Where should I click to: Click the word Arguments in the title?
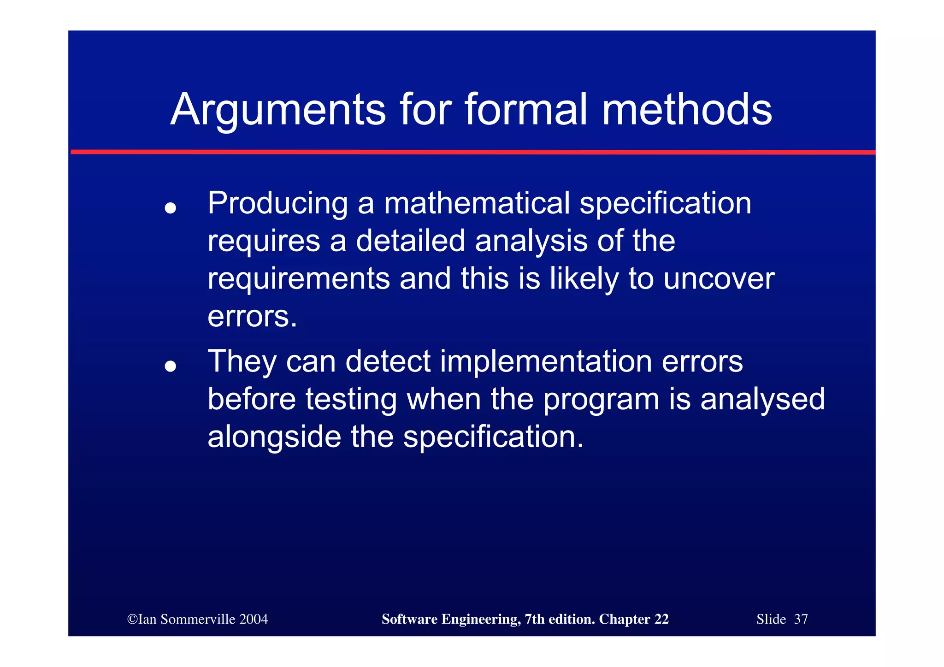pos(278,111)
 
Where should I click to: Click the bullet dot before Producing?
pos(171,208)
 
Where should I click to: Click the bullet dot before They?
pos(171,366)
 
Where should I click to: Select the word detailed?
pos(410,241)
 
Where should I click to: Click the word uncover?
pos(719,279)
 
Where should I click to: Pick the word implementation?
pos(546,361)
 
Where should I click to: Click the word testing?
pos(351,400)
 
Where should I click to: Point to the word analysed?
pos(762,400)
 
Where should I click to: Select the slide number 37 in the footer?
pos(801,619)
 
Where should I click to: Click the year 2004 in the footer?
pos(254,619)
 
